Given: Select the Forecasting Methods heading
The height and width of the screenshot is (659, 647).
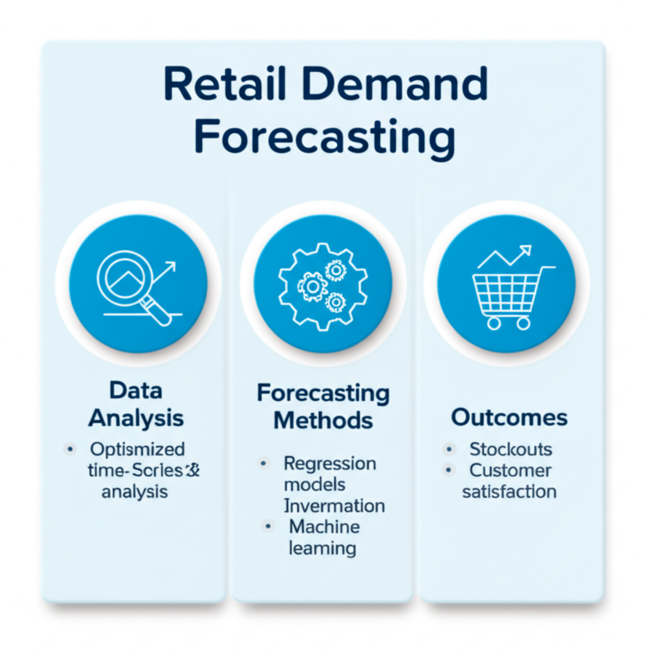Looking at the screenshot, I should coord(323,407).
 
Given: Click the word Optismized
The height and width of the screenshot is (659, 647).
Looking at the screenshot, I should coord(137,449).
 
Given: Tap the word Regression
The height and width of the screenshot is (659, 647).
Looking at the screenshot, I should coord(330,463).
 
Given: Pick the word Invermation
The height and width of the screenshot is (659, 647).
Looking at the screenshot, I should coord(334,505).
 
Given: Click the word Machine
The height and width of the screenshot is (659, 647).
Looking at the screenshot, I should coord(324,526).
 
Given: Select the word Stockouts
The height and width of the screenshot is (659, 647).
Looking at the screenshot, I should coord(510,449).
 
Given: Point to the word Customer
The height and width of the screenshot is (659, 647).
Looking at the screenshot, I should coord(510,470).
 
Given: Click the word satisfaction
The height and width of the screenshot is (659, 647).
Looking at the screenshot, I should coord(509,492).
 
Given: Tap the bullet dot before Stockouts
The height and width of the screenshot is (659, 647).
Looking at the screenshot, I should coord(449,449).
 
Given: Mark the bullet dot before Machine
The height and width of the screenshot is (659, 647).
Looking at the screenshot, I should coord(267,526).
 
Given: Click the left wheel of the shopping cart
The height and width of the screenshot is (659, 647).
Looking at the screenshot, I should coord(494,323).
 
